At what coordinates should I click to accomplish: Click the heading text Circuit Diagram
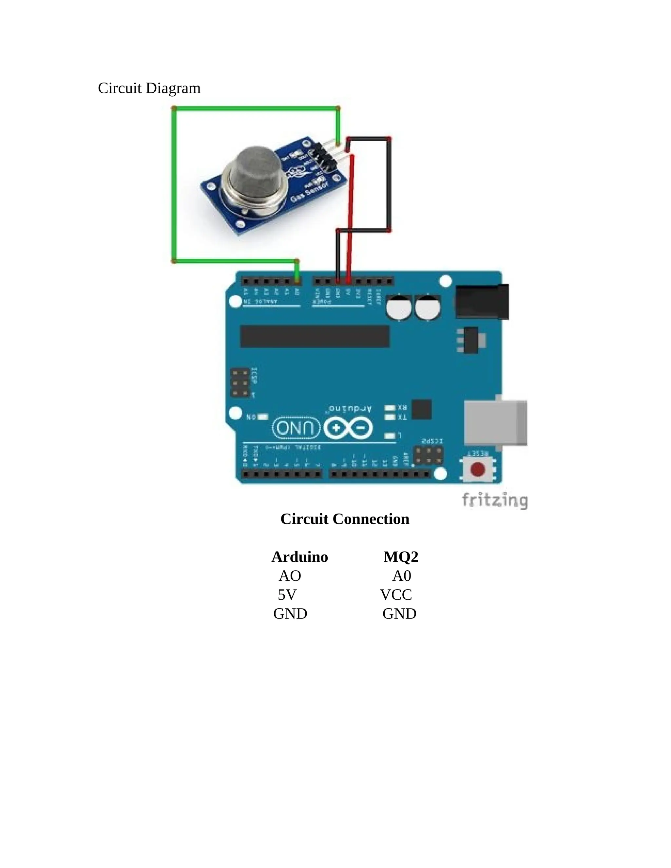click(149, 88)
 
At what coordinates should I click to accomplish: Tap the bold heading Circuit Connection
click(345, 519)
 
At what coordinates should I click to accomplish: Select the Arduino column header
click(299, 557)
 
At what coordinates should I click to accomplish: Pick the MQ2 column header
click(401, 557)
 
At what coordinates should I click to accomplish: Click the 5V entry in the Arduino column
click(287, 595)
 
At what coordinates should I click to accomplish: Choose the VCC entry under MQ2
click(396, 595)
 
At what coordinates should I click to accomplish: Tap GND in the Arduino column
click(290, 614)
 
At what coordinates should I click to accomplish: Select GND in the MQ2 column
click(399, 614)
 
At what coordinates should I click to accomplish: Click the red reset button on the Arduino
click(477, 469)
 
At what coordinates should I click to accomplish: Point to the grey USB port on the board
click(495, 423)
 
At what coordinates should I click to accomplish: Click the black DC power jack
click(482, 301)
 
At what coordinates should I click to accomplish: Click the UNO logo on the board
click(296, 428)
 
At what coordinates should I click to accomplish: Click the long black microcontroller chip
click(315, 336)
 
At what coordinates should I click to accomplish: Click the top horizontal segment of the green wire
click(256, 108)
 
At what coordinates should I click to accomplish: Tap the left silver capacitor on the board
click(399, 307)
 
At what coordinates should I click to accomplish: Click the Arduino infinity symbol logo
click(349, 428)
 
